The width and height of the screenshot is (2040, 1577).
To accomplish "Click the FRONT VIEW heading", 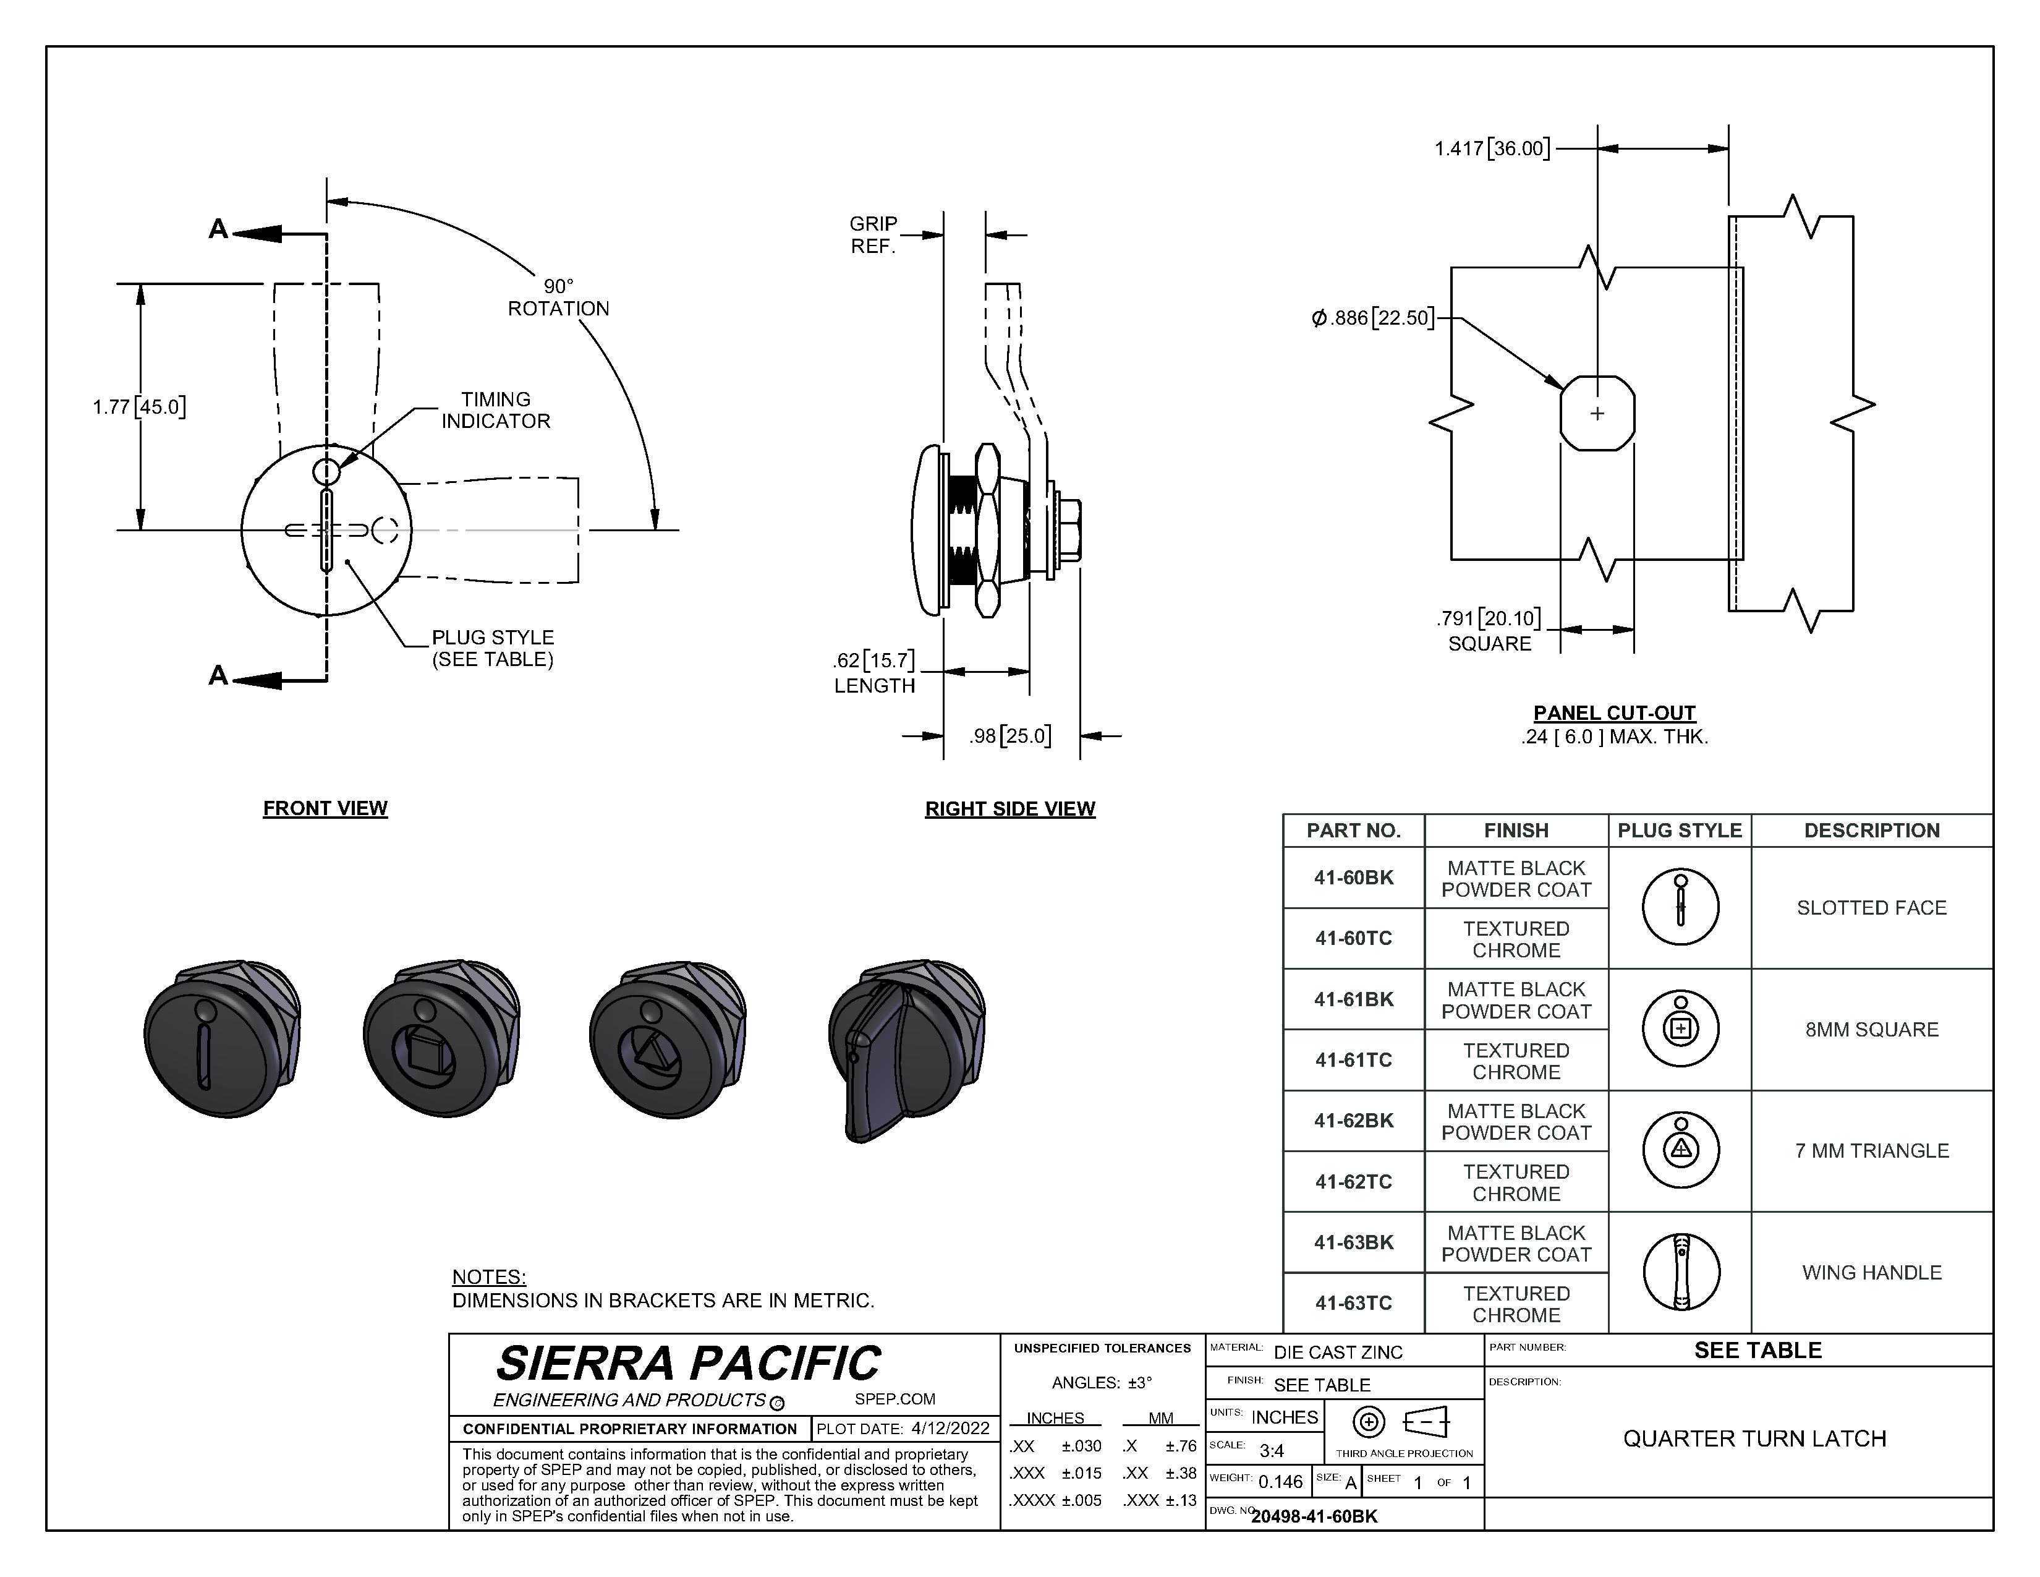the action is pyautogui.click(x=325, y=808).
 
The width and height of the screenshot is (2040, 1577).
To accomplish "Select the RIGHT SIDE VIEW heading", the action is pyautogui.click(x=1009, y=809).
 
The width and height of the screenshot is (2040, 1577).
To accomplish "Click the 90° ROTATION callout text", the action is pyautogui.click(x=559, y=297).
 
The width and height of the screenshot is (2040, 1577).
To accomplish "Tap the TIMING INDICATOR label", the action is pyautogui.click(x=496, y=410).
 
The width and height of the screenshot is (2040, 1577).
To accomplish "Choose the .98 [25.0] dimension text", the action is pyautogui.click(x=1009, y=736).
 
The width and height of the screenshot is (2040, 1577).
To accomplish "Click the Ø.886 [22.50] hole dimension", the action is pyautogui.click(x=1373, y=318).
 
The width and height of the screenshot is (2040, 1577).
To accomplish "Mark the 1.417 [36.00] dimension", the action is pyautogui.click(x=1492, y=148).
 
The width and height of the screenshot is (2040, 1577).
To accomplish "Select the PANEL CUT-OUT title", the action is pyautogui.click(x=1615, y=713).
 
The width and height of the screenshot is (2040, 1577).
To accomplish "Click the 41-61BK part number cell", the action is pyautogui.click(x=1353, y=999).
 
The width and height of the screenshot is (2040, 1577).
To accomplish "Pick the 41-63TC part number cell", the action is pyautogui.click(x=1353, y=1303).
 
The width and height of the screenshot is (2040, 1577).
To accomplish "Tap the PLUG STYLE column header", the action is pyautogui.click(x=1680, y=831).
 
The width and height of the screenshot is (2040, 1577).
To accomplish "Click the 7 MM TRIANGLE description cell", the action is pyautogui.click(x=1872, y=1151).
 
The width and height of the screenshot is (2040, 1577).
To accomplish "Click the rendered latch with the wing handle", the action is pyautogui.click(x=906, y=1049).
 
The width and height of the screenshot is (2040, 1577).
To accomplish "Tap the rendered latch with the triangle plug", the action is pyautogui.click(x=668, y=1039).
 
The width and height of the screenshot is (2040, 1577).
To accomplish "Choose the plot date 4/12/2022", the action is pyautogui.click(x=950, y=1429).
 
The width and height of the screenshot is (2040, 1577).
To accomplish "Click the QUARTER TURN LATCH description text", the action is pyautogui.click(x=1754, y=1438).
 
